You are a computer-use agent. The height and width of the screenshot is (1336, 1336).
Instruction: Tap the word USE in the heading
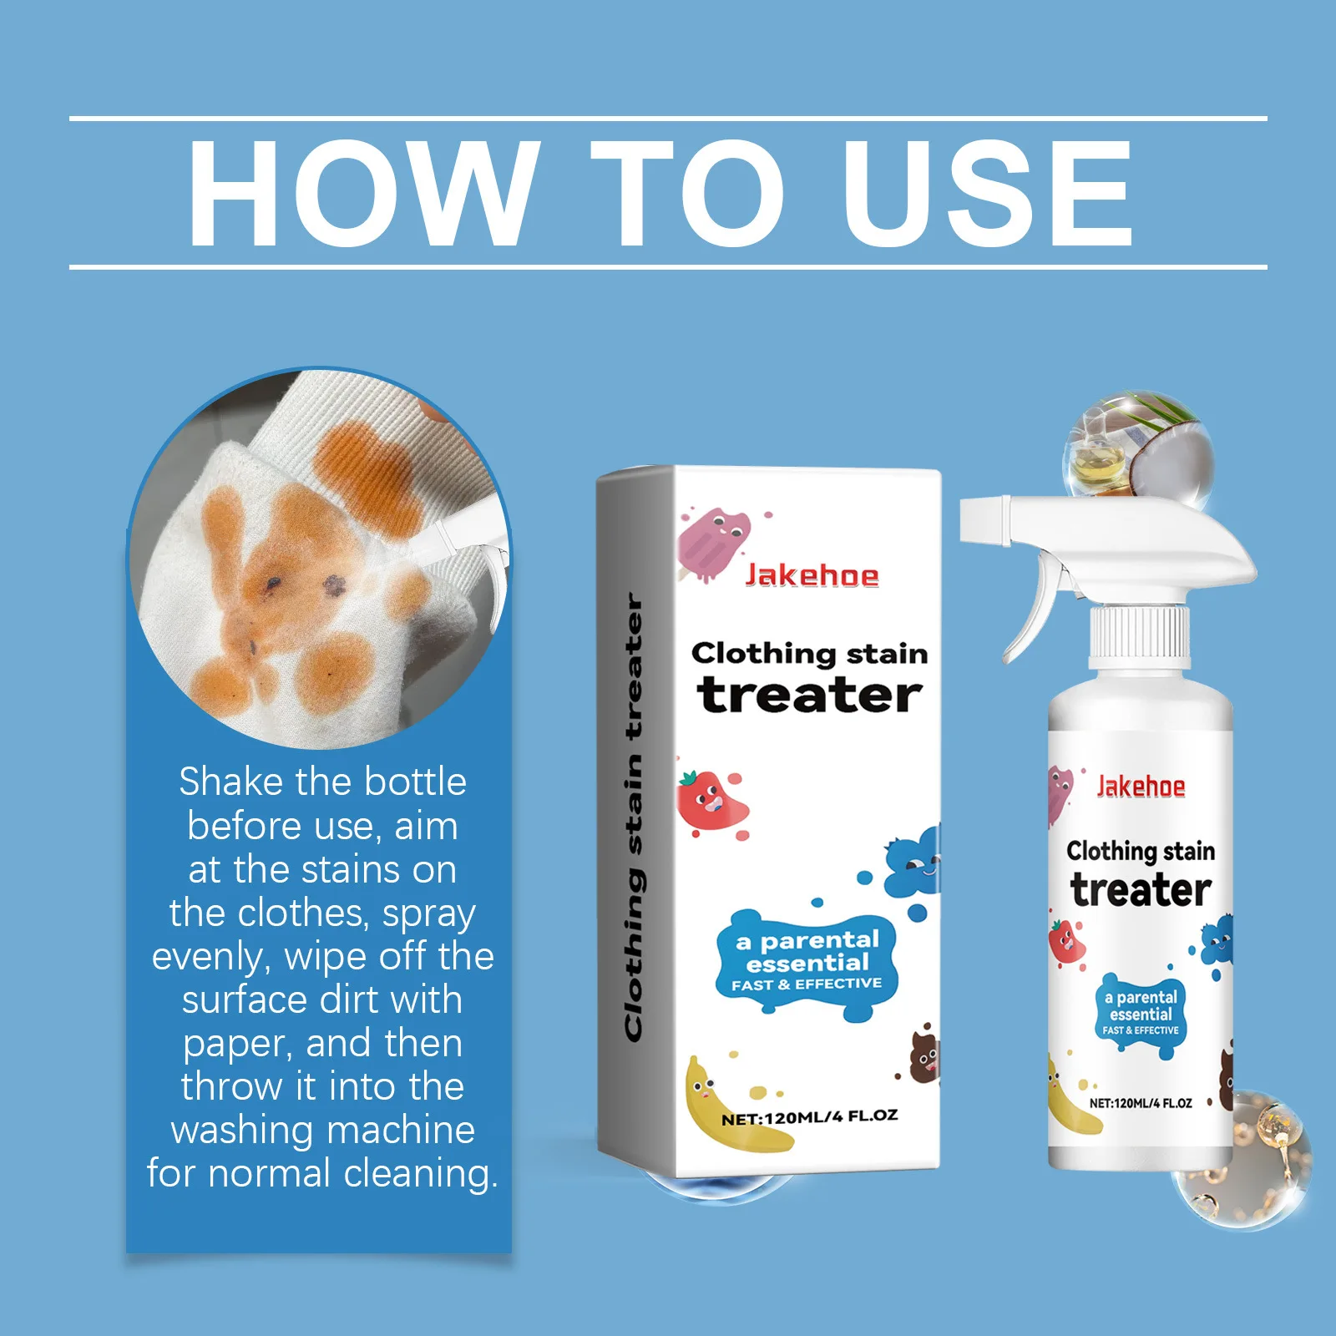(x=987, y=194)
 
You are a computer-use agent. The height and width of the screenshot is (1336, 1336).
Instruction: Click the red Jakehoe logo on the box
(x=812, y=575)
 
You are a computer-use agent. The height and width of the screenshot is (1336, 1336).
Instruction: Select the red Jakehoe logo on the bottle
(x=1141, y=787)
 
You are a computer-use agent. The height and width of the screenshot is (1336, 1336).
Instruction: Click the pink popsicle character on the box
(x=712, y=543)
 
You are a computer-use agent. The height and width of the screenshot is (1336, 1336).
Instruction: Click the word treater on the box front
(x=809, y=696)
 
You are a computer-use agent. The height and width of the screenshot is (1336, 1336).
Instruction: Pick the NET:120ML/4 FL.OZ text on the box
(x=809, y=1117)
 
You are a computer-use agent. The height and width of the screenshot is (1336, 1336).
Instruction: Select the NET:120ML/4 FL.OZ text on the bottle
(x=1141, y=1103)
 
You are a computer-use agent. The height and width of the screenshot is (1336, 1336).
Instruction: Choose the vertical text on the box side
(x=635, y=818)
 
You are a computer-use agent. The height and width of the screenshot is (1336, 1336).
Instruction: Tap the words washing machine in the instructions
(x=323, y=1131)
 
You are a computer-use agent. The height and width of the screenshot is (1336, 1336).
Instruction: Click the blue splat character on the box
(x=913, y=864)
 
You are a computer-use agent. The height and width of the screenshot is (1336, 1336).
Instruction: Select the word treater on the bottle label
(x=1141, y=890)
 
